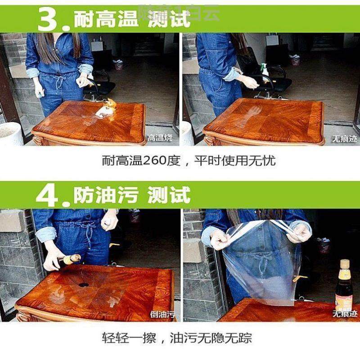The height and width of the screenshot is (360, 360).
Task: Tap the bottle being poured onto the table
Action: coord(71,259)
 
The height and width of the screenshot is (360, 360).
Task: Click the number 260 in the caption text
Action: coord(154,161)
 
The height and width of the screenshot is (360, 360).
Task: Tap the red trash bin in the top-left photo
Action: coord(118,65)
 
